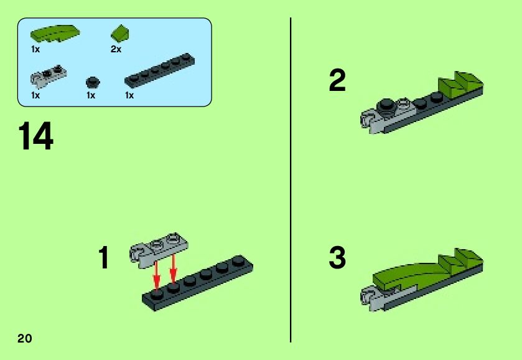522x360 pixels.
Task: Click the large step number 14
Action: [x=36, y=136]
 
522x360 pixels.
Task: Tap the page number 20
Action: [x=25, y=338]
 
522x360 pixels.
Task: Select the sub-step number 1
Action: [x=104, y=257]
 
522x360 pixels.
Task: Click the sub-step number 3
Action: [x=337, y=257]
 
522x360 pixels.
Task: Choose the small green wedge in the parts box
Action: [x=120, y=34]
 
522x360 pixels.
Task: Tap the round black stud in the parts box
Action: [x=93, y=82]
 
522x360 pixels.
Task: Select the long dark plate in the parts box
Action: [x=160, y=70]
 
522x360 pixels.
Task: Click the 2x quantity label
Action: [x=116, y=49]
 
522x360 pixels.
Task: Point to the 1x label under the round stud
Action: [x=91, y=95]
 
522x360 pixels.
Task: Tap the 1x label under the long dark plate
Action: [x=129, y=95]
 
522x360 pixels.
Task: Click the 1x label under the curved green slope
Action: [x=35, y=49]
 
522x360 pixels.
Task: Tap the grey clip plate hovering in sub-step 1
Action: [x=158, y=250]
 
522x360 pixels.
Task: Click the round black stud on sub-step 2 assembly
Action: [x=386, y=107]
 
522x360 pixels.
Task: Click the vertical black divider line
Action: [x=291, y=180]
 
